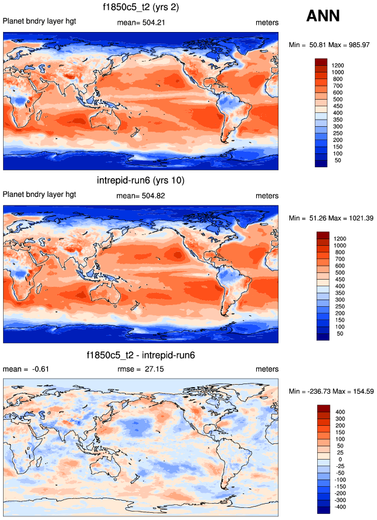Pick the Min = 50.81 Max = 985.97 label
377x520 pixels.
coord(329,45)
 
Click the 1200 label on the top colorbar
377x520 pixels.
coord(337,65)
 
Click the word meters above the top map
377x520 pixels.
coord(267,22)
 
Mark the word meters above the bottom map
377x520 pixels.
coord(267,369)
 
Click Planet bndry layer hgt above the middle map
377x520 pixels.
coord(40,196)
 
